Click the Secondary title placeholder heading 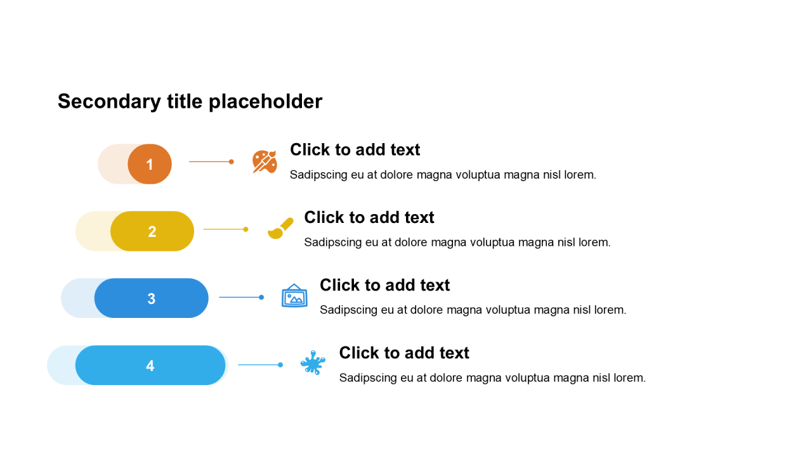190,101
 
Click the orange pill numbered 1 150,164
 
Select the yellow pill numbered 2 152,231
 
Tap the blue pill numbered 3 152,298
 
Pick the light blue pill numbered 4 150,365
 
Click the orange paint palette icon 265,161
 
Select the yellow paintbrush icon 280,229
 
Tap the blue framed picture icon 294,296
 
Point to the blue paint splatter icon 313,363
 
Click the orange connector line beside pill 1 211,161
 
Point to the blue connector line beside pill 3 240,297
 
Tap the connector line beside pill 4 259,365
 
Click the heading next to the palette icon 355,149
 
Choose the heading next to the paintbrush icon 369,217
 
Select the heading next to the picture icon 384,285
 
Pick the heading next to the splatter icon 404,353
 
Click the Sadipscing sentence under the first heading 443,175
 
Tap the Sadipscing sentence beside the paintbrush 457,242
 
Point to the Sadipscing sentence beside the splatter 492,377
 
